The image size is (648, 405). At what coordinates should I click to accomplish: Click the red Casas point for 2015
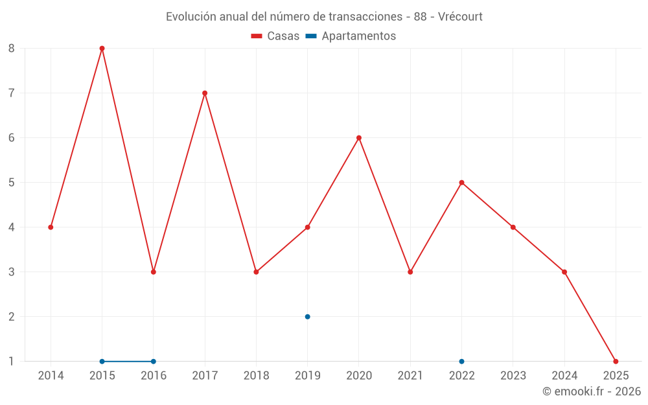(x=102, y=49)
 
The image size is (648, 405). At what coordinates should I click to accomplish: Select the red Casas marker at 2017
(x=205, y=93)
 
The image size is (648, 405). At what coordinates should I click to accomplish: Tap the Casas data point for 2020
(x=359, y=138)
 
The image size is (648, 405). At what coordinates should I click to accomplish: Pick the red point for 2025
(x=616, y=361)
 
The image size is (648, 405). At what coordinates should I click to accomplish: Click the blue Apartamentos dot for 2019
(x=307, y=317)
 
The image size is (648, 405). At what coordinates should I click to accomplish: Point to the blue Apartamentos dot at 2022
(x=461, y=361)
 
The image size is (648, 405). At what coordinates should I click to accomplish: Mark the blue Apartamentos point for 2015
(x=102, y=361)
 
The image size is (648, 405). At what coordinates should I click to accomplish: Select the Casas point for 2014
(x=51, y=227)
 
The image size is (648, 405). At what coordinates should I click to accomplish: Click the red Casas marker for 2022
(x=461, y=183)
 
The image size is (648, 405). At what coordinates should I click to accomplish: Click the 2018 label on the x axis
(x=256, y=376)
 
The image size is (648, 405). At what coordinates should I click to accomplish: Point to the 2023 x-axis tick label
(x=513, y=376)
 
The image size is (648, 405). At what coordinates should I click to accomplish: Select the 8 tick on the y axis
(x=12, y=49)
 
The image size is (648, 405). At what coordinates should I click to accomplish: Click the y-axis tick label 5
(x=12, y=183)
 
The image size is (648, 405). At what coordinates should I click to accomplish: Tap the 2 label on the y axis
(x=12, y=317)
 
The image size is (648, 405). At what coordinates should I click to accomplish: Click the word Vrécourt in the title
(x=460, y=17)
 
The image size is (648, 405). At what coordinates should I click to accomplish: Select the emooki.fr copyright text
(x=591, y=391)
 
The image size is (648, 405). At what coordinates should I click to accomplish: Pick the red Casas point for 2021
(x=410, y=272)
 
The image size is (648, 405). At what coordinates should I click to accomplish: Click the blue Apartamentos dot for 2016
(x=153, y=361)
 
